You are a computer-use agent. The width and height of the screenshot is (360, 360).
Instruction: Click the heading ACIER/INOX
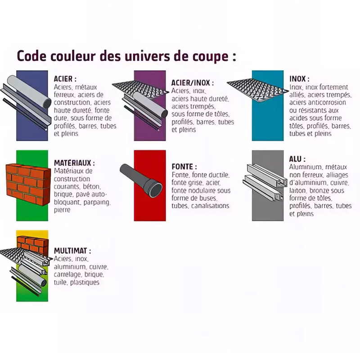click(193, 83)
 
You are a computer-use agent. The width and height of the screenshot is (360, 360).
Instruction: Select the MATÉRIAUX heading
click(74, 163)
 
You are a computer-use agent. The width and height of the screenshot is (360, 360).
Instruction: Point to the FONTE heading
click(184, 166)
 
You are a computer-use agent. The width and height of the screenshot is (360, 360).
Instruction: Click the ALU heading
click(297, 159)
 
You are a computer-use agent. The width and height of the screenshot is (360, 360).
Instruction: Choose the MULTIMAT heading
click(72, 251)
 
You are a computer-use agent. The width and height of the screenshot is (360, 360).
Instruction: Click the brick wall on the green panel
click(28, 184)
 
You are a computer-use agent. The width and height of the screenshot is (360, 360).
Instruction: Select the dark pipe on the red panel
click(141, 180)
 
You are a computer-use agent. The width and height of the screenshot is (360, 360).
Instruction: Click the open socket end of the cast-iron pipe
click(156, 189)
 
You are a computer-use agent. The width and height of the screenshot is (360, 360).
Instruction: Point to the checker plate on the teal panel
click(257, 89)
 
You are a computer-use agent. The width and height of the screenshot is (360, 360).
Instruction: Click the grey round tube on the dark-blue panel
click(29, 91)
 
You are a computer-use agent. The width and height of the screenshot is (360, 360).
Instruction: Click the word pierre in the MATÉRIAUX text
click(62, 210)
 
